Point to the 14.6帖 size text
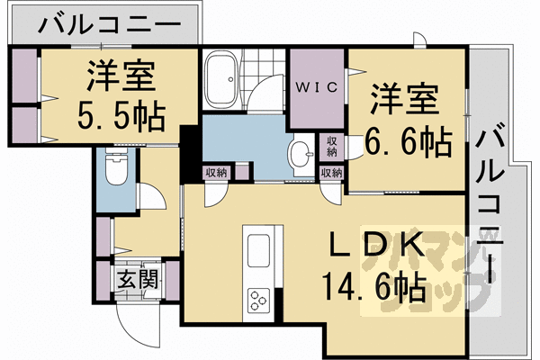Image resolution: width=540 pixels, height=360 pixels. [365, 290]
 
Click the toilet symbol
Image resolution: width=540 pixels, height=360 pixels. [114, 167]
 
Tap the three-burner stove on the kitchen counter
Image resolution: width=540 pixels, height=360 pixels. [257, 299]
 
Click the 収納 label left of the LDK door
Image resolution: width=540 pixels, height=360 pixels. [216, 173]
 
